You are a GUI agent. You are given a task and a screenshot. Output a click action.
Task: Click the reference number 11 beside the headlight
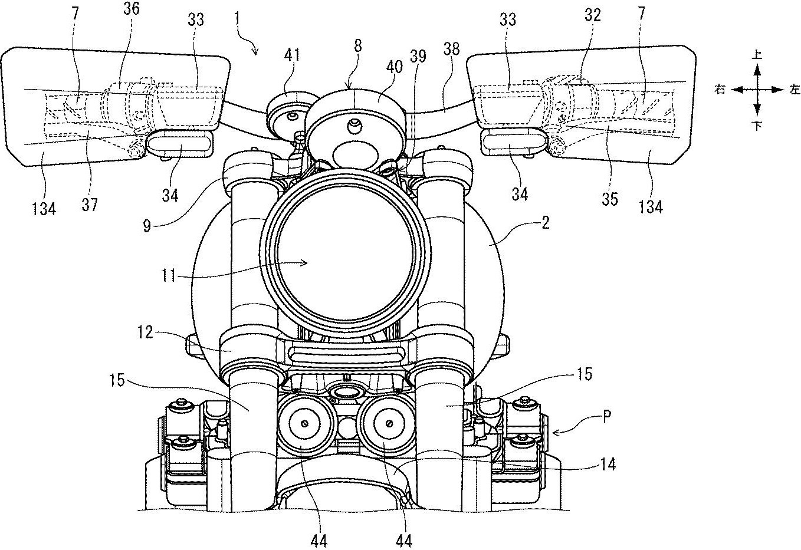[169, 275]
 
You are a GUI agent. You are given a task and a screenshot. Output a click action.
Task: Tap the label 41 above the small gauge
[292, 55]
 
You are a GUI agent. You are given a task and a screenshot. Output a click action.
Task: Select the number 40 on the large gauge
[394, 67]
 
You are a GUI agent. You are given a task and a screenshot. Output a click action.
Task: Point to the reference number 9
[147, 226]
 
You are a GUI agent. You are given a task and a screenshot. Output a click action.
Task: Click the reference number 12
[146, 332]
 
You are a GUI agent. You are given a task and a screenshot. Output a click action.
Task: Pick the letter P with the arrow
[607, 417]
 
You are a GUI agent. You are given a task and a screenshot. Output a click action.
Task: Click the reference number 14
[607, 465]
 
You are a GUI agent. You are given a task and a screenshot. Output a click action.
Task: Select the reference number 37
[90, 205]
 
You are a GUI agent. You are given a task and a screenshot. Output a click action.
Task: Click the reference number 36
[131, 9]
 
